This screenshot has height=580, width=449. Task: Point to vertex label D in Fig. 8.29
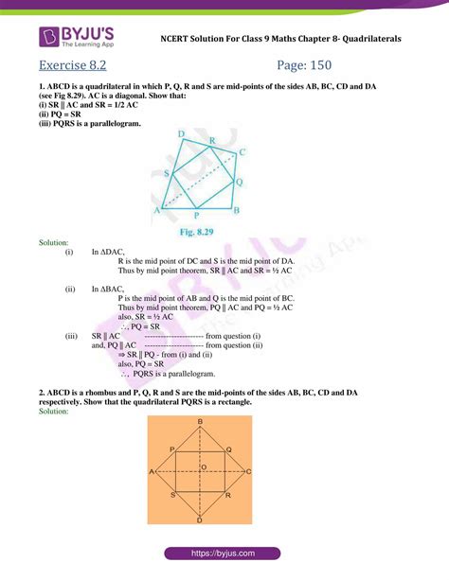point(181,134)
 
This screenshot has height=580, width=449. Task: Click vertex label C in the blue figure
point(243,151)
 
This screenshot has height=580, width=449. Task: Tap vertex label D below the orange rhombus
point(199,521)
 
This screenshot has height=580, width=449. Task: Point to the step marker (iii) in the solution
point(70,335)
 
